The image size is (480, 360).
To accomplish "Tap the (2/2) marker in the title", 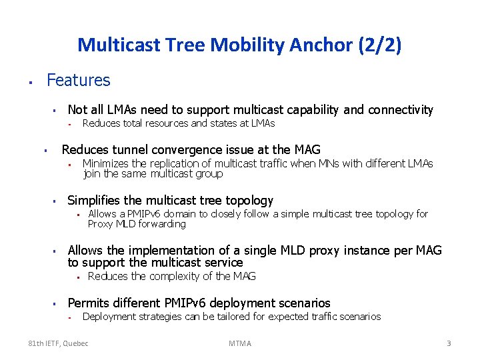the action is click(x=381, y=45).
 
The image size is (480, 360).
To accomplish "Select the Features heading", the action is click(x=78, y=81).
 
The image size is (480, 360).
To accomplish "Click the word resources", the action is click(x=165, y=123).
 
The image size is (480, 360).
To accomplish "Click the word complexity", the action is click(x=176, y=276).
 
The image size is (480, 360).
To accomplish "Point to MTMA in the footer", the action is click(x=240, y=343).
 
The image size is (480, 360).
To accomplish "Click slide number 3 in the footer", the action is click(x=449, y=343).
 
